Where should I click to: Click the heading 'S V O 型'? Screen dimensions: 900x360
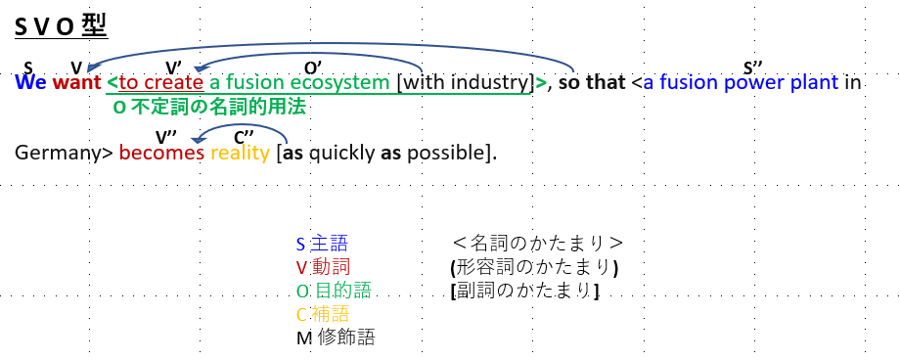(61, 27)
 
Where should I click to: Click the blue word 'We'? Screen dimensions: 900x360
(31, 83)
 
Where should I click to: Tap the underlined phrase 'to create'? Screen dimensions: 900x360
(161, 83)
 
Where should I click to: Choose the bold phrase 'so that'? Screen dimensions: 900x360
(592, 83)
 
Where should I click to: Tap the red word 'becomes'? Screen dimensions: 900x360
(161, 153)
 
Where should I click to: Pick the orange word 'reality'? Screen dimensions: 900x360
(240, 154)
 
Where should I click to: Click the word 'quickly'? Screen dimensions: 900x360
(341, 154)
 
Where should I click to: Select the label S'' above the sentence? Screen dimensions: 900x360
(753, 68)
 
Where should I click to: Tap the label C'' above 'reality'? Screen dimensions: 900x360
(244, 138)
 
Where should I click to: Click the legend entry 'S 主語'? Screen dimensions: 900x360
(322, 244)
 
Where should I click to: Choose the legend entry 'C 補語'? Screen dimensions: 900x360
(323, 314)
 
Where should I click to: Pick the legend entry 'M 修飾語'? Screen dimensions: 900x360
(336, 337)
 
